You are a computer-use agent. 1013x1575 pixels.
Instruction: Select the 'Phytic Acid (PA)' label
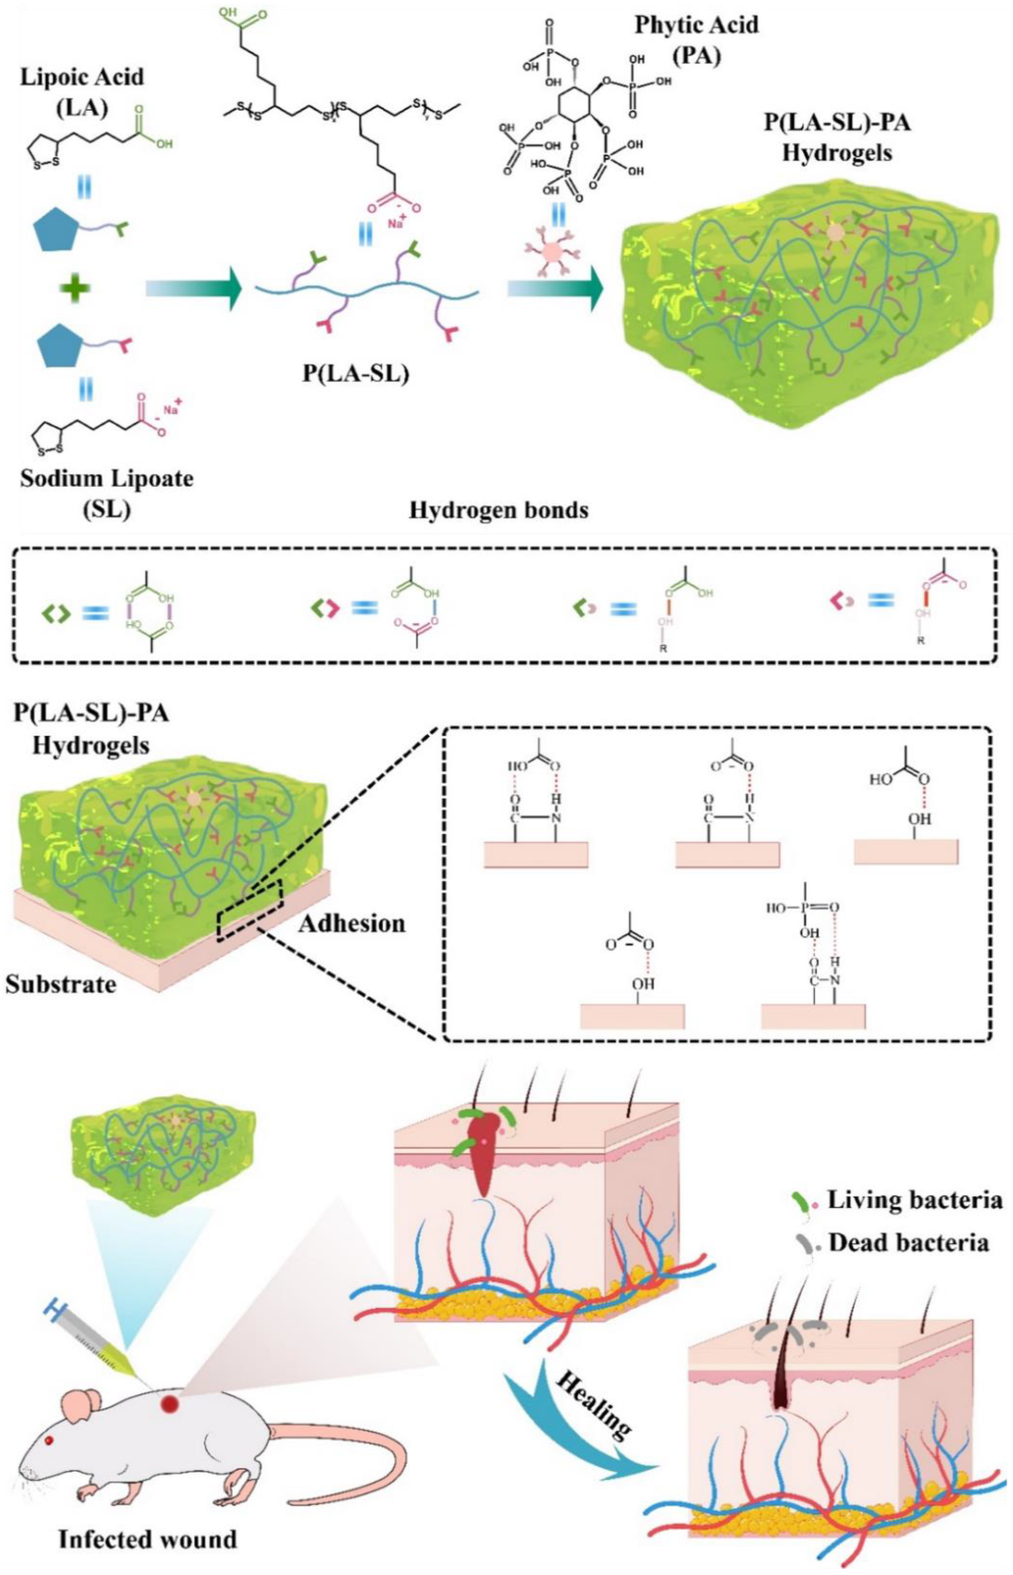tap(695, 39)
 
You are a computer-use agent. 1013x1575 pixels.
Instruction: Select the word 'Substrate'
tap(61, 984)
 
